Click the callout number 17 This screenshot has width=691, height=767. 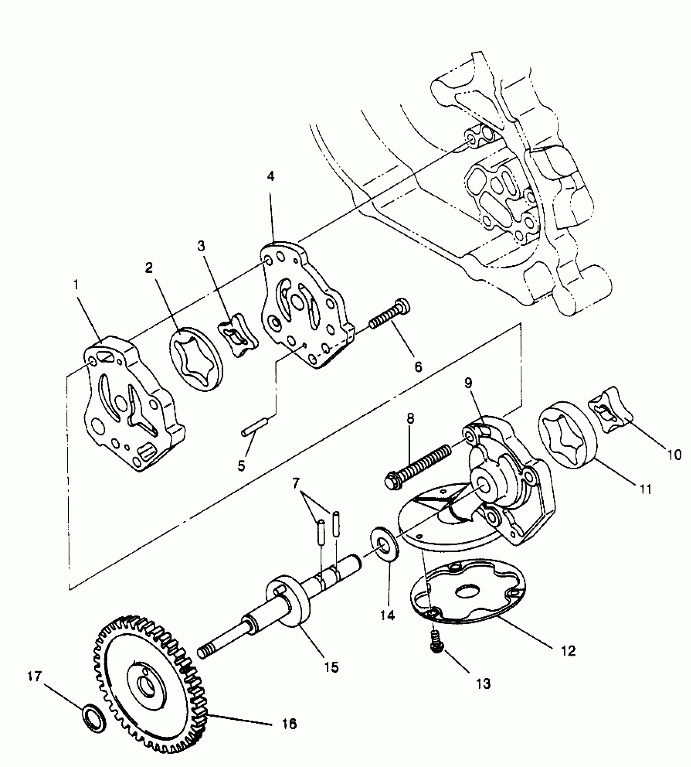[x=35, y=677]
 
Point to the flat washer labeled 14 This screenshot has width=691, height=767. [x=384, y=545]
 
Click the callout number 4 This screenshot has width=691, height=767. [x=271, y=176]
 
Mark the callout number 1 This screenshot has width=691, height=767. [x=76, y=285]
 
